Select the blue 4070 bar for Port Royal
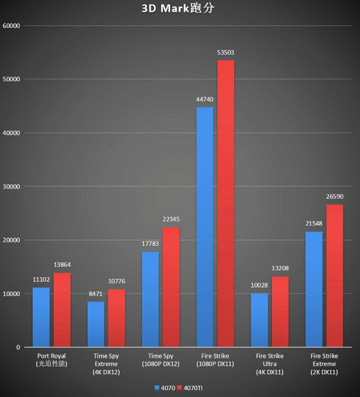point(41,317)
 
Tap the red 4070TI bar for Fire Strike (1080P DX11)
point(226,203)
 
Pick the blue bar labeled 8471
point(96,324)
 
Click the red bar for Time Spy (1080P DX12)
point(171,287)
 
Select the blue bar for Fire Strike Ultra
point(259,320)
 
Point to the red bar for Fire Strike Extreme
point(334,276)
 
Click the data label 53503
point(226,53)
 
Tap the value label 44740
point(204,99)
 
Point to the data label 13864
point(62,265)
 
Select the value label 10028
point(259,286)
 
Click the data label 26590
point(334,197)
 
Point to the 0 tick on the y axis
point(18,347)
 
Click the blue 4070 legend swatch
point(157,388)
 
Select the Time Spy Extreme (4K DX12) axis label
point(106,364)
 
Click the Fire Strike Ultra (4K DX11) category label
point(269,364)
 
